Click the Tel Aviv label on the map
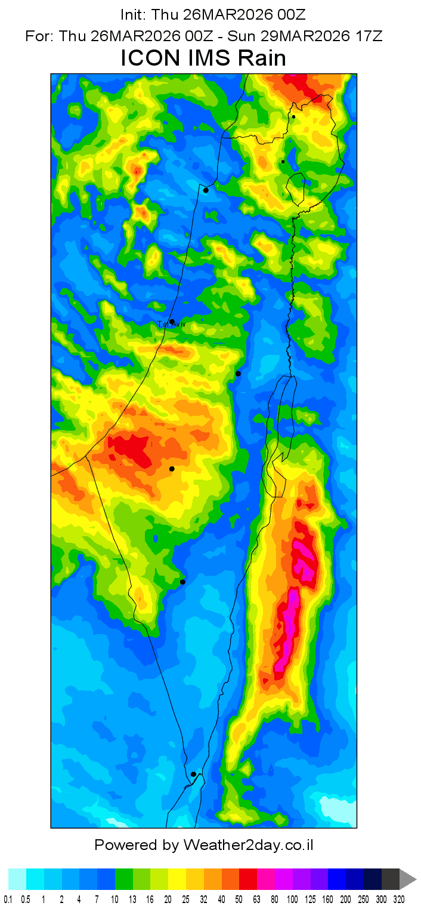[x=171, y=324]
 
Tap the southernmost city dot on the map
[x=193, y=774]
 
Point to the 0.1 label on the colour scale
[x=8, y=899]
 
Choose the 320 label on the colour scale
[x=400, y=899]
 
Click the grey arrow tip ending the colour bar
[x=408, y=879]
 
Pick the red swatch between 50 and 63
[x=249, y=879]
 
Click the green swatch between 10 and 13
[x=124, y=879]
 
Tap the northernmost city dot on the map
[x=293, y=117]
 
